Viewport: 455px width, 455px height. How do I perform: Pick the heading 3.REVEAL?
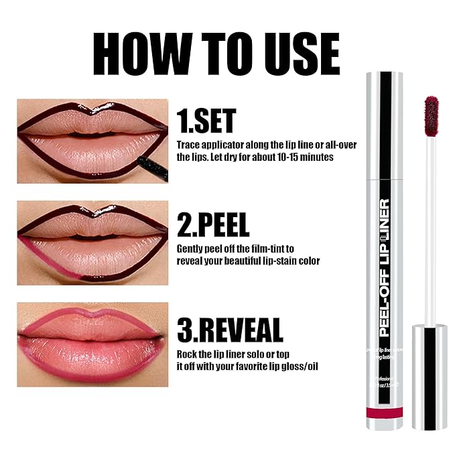[x=230, y=330]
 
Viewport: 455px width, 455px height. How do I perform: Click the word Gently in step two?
[x=191, y=248]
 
